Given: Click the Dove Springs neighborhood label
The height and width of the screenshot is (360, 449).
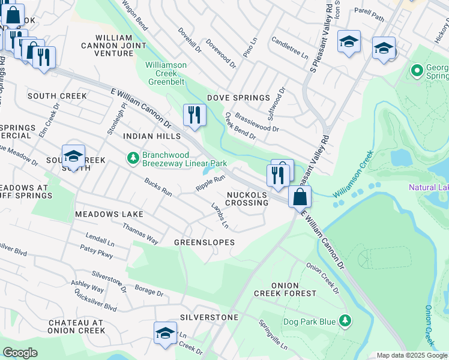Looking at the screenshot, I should (238, 98).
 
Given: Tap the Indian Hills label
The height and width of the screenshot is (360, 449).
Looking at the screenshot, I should (151, 137).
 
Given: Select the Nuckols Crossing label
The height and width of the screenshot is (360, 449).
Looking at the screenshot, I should (247, 199).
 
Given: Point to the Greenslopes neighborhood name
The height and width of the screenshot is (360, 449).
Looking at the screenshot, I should (204, 242).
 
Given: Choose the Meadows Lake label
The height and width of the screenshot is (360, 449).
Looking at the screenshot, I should (109, 214).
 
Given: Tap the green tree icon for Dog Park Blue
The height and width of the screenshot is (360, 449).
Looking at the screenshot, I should (345, 322).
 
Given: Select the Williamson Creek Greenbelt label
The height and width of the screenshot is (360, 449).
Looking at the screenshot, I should (166, 70).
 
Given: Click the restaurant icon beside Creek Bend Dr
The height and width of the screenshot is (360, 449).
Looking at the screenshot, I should (194, 115).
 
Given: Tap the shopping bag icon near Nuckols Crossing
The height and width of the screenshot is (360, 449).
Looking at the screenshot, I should (300, 196).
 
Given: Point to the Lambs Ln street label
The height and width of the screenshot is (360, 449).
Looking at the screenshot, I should (219, 216).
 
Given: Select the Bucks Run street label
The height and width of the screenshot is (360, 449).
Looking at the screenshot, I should (158, 187).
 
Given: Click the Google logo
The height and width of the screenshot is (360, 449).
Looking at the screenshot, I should (20, 353).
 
